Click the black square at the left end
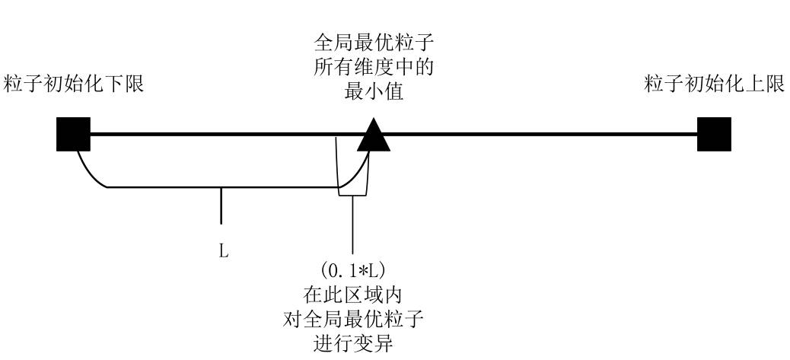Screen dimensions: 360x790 74,135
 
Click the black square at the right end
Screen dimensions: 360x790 714,135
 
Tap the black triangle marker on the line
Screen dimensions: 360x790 373,135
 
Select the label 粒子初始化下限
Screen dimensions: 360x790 74,84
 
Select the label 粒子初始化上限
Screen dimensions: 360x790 714,84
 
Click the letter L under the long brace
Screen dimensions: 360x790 224,250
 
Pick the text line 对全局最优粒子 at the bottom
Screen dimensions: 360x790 352,321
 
